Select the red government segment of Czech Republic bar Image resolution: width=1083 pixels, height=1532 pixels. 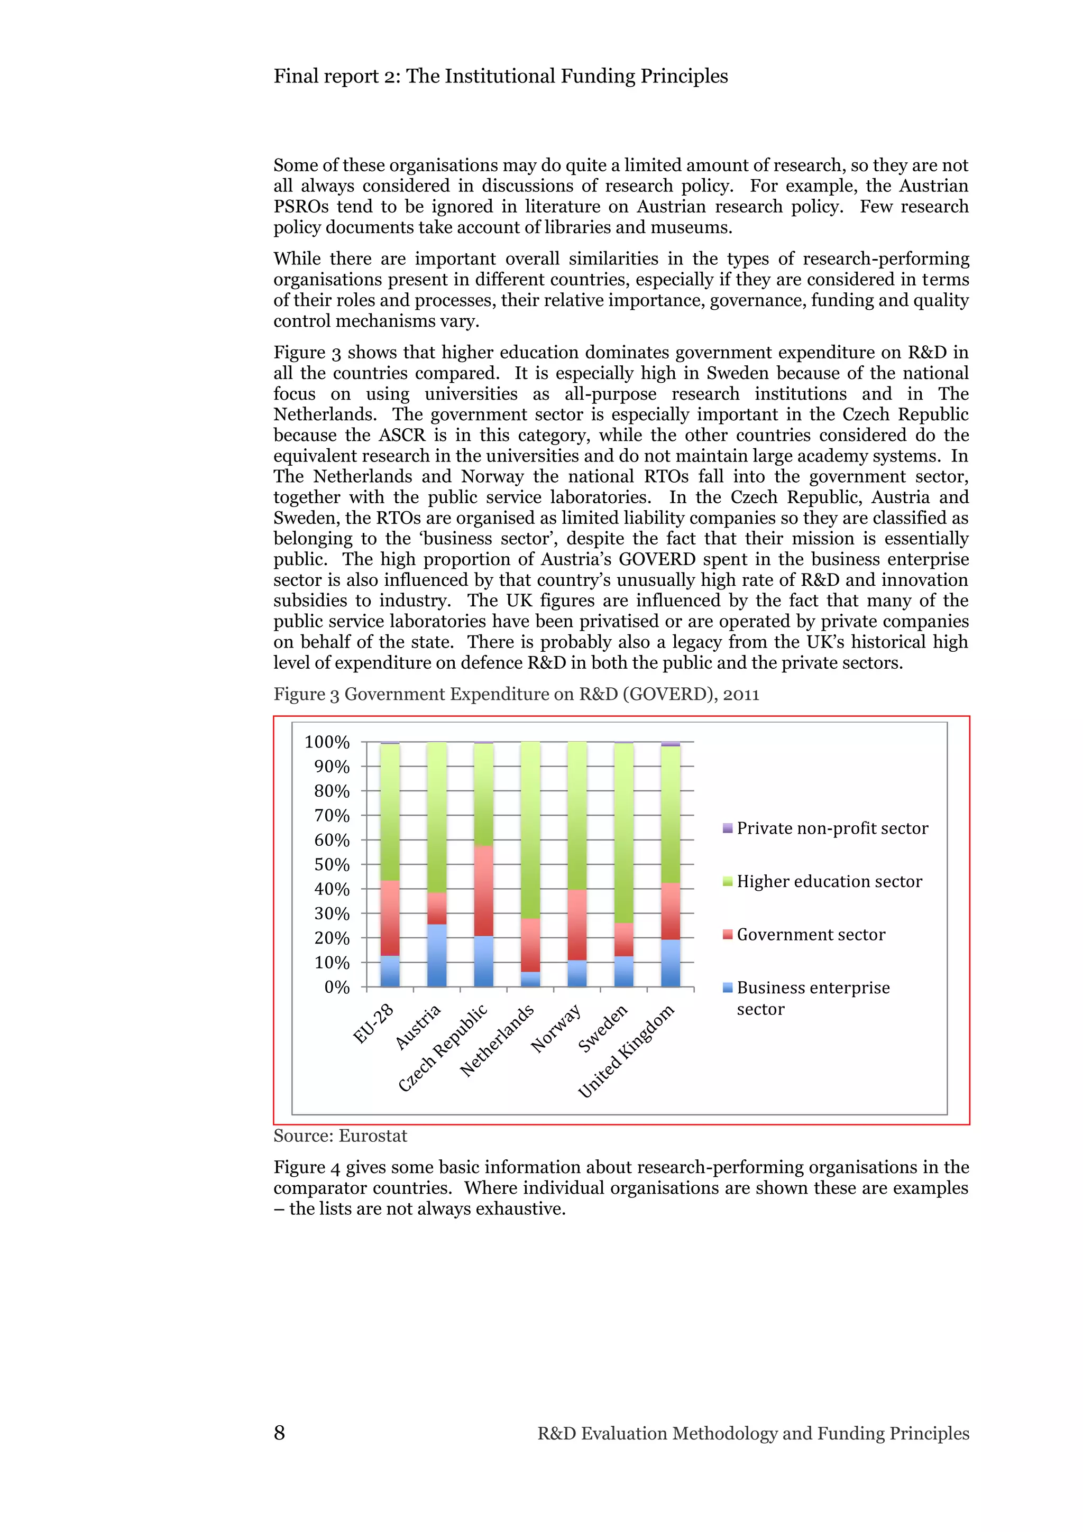[483, 890]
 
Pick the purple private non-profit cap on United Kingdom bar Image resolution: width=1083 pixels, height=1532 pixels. [670, 743]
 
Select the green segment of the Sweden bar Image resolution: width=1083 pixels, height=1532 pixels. [623, 833]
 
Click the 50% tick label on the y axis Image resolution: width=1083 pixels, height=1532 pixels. [332, 865]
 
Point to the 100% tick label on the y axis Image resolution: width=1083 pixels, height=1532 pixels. [327, 742]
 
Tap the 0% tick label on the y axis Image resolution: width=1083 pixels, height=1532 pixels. [337, 987]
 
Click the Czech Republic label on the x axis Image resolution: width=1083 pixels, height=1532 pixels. [444, 1048]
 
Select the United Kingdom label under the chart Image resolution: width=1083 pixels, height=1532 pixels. [627, 1051]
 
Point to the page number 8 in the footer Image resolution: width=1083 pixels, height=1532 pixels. [280, 1433]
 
